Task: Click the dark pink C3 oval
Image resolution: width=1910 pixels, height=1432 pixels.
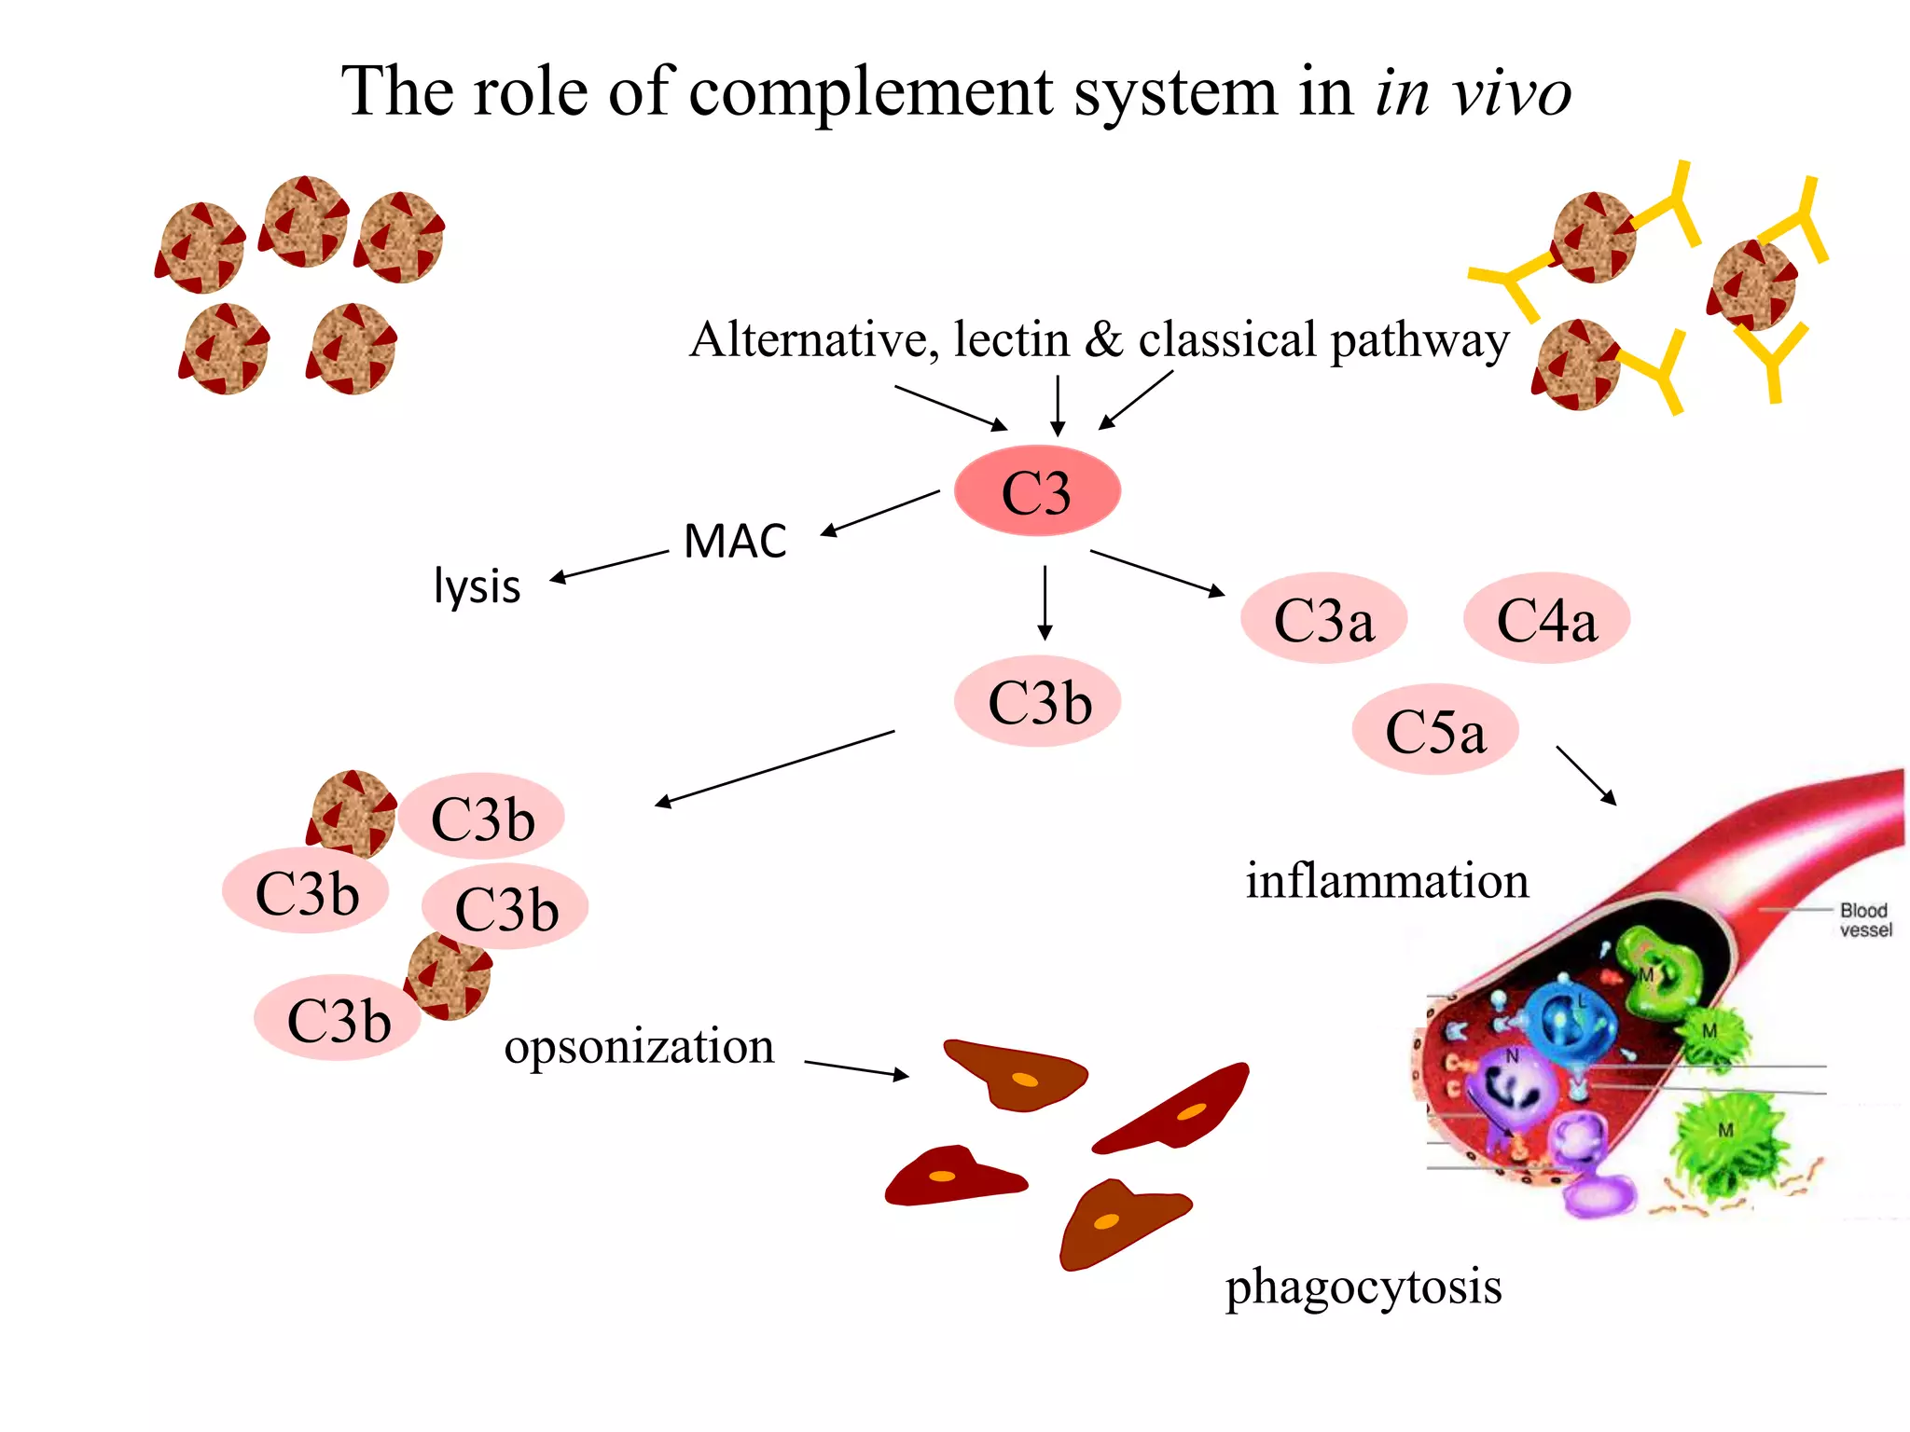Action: point(1037,491)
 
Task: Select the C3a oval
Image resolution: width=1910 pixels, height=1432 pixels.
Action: point(1323,619)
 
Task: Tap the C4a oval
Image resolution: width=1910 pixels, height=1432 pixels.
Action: point(1546,619)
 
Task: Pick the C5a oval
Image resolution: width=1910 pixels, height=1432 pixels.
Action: point(1435,730)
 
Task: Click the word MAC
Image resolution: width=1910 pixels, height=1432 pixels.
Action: point(735,542)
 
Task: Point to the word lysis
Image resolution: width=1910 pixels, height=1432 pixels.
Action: point(477,586)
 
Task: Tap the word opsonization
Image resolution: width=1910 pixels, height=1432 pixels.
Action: point(639,1046)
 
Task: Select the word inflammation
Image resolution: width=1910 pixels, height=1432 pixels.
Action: point(1387,881)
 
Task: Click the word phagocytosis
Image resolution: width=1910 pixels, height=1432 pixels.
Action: point(1363,1287)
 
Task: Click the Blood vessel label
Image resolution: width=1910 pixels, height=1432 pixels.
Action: point(1864,919)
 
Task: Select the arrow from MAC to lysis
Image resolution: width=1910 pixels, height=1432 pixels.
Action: point(609,566)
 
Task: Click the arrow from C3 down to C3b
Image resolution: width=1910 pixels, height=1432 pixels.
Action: point(1045,602)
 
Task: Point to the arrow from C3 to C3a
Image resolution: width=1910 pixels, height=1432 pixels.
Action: point(1156,572)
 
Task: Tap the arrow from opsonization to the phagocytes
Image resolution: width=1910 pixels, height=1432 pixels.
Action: point(856,1068)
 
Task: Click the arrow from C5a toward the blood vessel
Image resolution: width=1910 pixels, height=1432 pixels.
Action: point(1585,774)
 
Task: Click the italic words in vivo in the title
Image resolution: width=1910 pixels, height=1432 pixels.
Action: point(1474,92)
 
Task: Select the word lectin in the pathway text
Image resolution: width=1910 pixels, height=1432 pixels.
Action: point(1011,339)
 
